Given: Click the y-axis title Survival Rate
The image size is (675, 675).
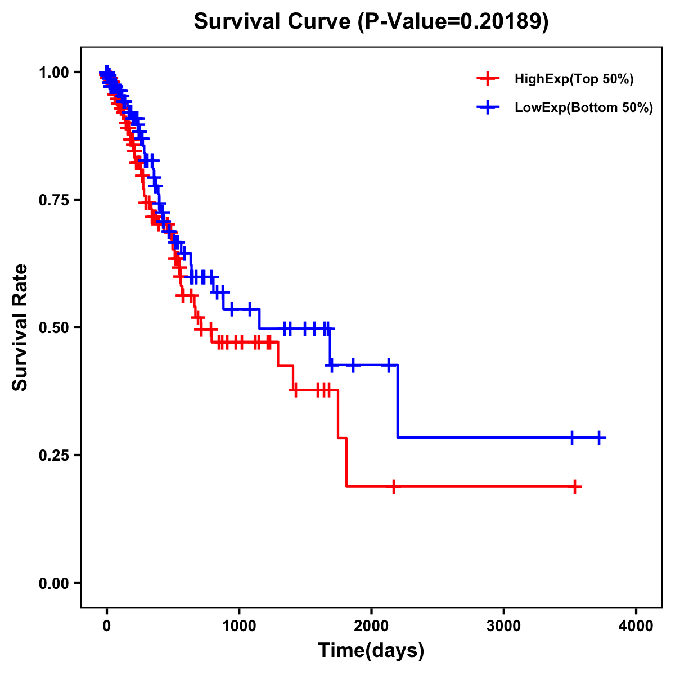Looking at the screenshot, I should tap(20, 327).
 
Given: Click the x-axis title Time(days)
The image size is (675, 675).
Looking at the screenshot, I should tap(371, 650).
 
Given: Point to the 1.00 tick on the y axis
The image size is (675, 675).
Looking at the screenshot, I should tap(55, 72).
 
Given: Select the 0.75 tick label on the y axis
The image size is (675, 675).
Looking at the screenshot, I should tap(55, 200).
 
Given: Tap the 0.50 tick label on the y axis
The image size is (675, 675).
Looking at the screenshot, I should tap(55, 327).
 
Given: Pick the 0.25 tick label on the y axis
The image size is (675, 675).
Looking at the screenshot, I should tap(55, 455).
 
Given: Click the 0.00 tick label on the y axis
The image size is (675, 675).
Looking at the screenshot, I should tap(55, 583).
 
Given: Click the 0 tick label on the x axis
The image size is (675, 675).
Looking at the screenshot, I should tap(106, 626).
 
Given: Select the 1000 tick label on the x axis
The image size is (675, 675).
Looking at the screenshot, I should tap(239, 626).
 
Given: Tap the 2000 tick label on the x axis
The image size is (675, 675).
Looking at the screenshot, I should tap(371, 626).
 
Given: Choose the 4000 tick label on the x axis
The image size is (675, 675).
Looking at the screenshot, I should tap(636, 626).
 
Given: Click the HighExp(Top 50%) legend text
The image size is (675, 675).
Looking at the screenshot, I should tap(574, 79).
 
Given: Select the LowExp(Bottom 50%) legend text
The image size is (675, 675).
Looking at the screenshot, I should tap(584, 107).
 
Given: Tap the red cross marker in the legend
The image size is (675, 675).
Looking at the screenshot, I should tap(488, 79).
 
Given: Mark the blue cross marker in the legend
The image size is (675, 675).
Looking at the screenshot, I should tap(488, 107).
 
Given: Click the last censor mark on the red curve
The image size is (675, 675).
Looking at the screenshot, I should tap(575, 487).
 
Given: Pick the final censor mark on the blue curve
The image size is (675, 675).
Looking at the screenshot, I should tap(599, 438).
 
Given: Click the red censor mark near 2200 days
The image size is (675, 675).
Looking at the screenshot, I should tap(394, 487).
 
